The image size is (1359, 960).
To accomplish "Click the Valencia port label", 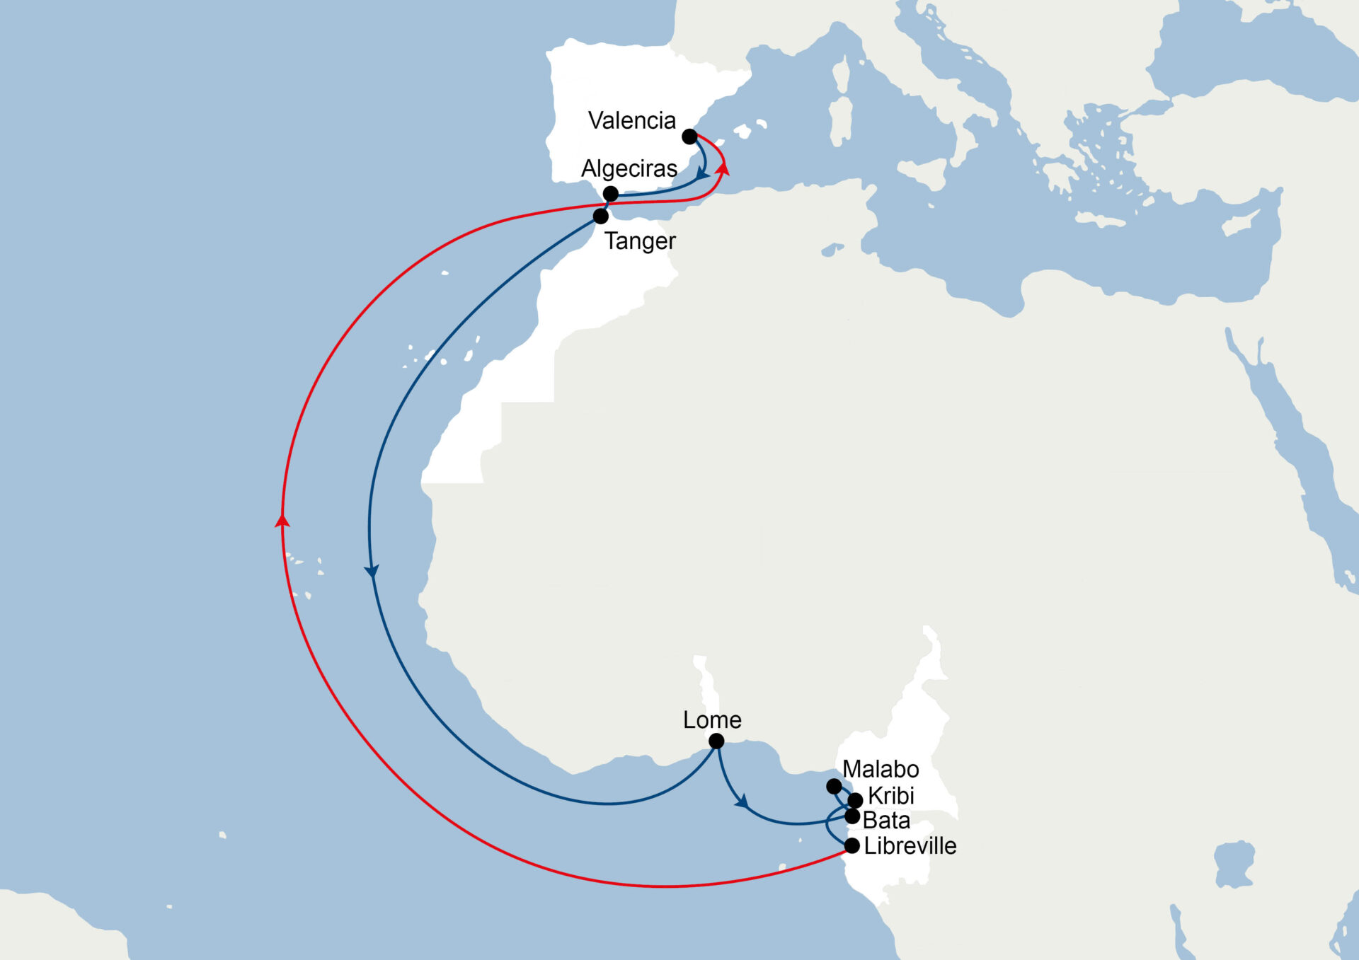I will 631,120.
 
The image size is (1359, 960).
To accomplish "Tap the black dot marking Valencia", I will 689,137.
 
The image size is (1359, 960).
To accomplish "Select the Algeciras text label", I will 629,168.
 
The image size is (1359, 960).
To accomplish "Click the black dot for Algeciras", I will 611,193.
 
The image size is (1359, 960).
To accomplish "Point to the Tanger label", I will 640,241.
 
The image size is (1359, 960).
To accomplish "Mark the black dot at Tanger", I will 600,216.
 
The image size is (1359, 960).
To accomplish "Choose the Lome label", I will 712,719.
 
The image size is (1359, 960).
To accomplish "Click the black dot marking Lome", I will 716,741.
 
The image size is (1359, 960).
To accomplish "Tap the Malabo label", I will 881,769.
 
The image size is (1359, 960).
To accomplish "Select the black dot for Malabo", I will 834,786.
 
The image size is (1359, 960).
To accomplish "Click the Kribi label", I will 891,796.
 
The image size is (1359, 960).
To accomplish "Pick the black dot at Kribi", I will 855,800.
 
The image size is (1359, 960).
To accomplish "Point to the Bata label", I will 886,821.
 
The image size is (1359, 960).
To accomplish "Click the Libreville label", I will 910,846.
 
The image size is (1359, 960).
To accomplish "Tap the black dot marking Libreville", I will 852,845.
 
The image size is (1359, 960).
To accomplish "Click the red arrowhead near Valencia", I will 723,168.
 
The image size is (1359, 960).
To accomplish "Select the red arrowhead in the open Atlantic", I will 282,521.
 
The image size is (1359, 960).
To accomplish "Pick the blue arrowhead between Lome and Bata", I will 741,802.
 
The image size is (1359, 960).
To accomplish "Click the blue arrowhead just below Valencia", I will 702,173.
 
